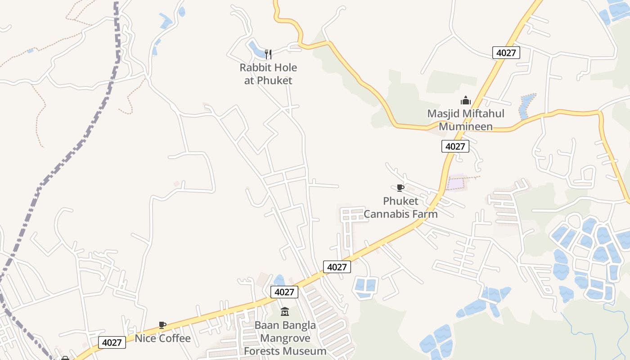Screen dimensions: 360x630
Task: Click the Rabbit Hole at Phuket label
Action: (268, 74)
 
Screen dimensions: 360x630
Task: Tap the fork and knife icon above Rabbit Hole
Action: (268, 54)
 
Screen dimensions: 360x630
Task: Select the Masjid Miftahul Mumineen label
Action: (466, 120)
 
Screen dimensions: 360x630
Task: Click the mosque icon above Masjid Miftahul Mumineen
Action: (466, 100)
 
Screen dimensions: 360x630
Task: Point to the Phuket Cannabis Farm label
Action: (400, 207)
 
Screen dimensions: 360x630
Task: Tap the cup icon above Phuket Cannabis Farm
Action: (400, 188)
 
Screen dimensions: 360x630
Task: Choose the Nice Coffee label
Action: (163, 338)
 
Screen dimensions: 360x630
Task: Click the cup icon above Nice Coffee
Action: (162, 325)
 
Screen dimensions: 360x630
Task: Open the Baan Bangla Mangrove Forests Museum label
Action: (285, 338)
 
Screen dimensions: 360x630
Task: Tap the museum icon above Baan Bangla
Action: (285, 311)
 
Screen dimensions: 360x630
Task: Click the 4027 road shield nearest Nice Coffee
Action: (112, 342)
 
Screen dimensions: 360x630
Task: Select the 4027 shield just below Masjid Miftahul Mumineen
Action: (455, 146)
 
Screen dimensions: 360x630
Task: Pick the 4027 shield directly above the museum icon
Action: (284, 292)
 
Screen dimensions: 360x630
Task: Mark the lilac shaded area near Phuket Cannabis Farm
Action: (455, 183)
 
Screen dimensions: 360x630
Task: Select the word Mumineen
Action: (466, 126)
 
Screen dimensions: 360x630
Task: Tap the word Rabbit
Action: (254, 68)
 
